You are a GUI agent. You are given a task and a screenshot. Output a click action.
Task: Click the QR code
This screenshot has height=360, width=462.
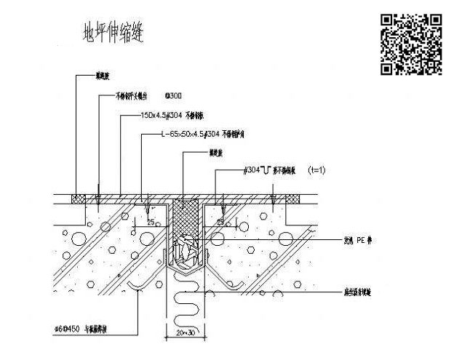tap(411, 44)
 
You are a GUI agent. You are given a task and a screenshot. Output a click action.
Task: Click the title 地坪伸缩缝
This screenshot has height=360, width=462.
tap(113, 33)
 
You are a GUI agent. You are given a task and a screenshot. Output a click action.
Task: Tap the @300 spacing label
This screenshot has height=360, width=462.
tap(175, 95)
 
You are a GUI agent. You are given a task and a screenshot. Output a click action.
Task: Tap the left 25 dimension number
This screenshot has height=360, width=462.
tap(149, 221)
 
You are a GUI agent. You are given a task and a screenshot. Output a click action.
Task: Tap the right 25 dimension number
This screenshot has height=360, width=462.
tap(220, 221)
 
